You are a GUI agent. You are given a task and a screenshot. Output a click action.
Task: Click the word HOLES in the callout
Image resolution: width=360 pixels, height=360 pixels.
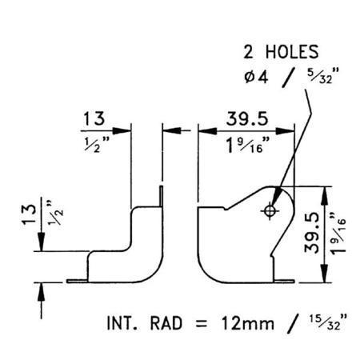(x=292, y=52)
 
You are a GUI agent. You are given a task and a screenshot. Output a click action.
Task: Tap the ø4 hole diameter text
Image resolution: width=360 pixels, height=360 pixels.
(x=256, y=77)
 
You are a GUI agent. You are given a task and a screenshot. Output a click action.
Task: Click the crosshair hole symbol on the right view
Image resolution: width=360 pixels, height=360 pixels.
(x=270, y=211)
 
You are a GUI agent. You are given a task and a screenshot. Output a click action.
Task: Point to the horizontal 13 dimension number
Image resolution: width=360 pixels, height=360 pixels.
(x=94, y=118)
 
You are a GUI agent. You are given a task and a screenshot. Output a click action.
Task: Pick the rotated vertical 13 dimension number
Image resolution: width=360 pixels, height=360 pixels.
(x=30, y=214)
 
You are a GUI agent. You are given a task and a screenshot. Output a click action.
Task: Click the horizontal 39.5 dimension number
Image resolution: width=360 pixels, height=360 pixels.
(x=247, y=118)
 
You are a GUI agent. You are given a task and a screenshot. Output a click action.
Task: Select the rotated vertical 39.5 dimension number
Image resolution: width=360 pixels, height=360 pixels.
(x=311, y=232)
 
